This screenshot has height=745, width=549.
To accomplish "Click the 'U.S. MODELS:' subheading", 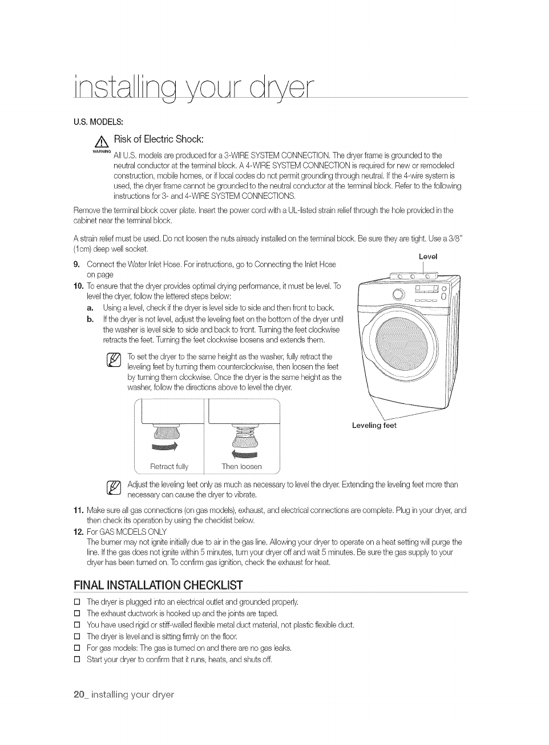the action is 98,121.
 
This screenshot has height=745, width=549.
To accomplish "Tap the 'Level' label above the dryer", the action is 428,257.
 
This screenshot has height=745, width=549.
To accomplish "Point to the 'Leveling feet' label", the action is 374,426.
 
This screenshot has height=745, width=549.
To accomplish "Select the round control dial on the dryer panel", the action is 398,295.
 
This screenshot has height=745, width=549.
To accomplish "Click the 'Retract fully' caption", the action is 169,467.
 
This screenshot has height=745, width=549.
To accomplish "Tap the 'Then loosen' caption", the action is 241,467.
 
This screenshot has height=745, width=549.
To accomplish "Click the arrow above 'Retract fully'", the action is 164,446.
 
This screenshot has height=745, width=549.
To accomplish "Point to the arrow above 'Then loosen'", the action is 244,454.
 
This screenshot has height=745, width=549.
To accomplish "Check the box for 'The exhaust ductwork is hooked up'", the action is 77,614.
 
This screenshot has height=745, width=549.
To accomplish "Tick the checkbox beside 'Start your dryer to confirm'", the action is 77,659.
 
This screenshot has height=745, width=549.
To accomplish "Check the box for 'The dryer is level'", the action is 77,636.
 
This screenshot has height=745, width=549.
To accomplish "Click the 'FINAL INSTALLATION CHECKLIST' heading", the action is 158,585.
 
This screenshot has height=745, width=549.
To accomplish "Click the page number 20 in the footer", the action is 79,694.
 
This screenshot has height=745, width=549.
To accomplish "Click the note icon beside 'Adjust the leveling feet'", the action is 114,488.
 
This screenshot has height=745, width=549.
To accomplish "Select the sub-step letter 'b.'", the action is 90,319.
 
